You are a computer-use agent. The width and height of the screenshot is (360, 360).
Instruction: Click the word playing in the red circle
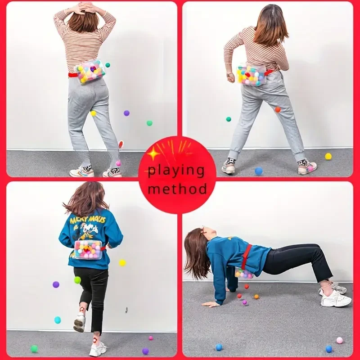(x=176, y=171)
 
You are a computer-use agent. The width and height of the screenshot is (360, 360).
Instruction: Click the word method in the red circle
(x=177, y=188)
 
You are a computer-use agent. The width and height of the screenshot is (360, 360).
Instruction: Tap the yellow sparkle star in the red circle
(x=154, y=154)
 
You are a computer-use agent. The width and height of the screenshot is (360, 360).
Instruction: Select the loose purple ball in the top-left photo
(x=126, y=113)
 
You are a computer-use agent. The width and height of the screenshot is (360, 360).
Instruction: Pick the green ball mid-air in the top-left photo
(x=149, y=123)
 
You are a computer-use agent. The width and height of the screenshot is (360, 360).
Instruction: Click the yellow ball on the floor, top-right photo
(x=328, y=156)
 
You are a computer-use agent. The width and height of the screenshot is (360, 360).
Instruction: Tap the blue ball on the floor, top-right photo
(x=259, y=171)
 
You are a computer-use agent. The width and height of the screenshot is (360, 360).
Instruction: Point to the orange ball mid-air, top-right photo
(x=278, y=109)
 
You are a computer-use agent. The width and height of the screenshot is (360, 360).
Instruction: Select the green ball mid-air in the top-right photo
(x=229, y=119)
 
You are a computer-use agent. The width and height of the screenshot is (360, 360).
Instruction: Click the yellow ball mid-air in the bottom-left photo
(x=122, y=262)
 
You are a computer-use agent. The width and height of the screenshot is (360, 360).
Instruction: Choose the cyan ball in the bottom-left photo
(x=58, y=320)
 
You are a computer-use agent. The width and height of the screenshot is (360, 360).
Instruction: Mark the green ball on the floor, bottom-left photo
(x=34, y=348)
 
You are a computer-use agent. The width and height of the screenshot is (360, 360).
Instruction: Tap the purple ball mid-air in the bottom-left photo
(x=56, y=284)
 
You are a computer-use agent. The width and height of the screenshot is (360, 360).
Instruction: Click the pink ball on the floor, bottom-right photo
(x=339, y=340)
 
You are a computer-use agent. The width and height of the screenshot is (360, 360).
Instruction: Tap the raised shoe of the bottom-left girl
(x=80, y=321)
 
